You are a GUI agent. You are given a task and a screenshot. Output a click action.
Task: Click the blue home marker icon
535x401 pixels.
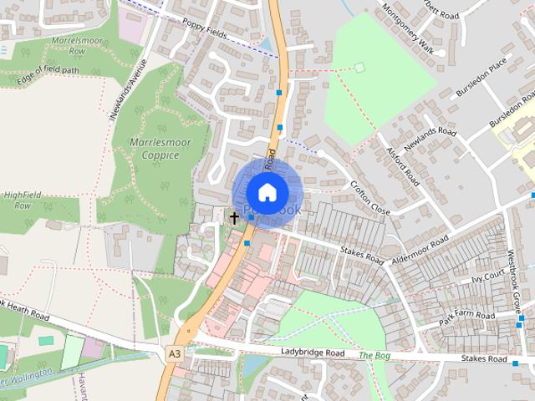[x=267, y=192]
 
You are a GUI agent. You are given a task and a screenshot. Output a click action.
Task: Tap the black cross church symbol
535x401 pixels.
[x=234, y=217]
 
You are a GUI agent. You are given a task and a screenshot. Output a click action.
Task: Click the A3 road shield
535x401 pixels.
[x=174, y=354]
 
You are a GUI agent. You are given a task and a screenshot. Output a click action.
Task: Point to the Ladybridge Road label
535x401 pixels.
[x=313, y=354]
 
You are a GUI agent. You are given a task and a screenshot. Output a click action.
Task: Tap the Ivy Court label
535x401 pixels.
[x=489, y=276]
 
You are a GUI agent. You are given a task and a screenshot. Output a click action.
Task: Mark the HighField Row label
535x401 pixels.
[x=23, y=200]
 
